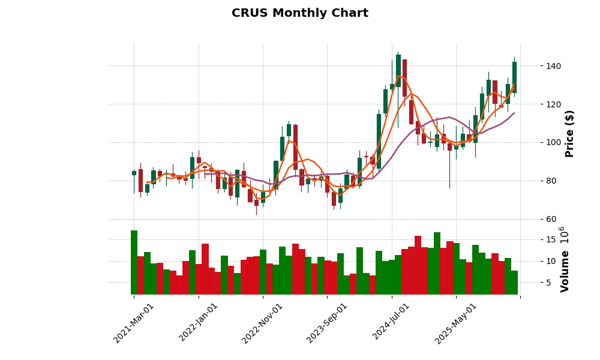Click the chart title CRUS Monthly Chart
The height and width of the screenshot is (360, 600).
300,13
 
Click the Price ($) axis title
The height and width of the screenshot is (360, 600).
570,133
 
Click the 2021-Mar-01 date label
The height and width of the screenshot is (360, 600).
134,323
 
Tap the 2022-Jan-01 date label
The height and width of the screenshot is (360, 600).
199,323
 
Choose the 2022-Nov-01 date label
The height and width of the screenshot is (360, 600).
263,323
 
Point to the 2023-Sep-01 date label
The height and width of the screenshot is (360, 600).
328,323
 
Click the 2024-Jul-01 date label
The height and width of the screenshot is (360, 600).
392,323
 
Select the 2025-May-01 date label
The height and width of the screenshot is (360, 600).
457,323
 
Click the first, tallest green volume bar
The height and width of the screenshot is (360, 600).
134,262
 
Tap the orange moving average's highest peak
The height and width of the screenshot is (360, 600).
399,76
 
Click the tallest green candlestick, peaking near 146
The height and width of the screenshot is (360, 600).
398,70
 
